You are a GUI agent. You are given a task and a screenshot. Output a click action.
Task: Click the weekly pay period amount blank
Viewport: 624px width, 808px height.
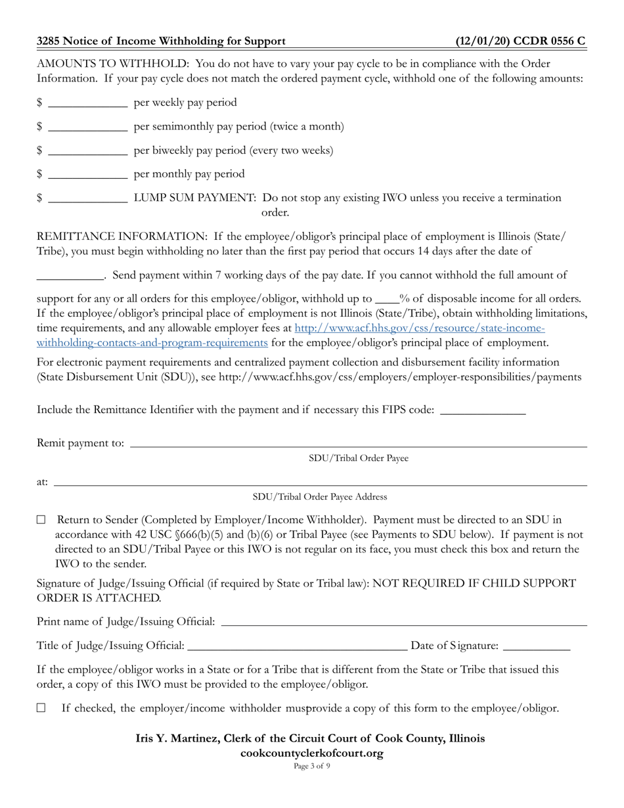click(88, 103)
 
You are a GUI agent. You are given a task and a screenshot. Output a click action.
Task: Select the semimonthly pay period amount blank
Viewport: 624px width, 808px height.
click(88, 127)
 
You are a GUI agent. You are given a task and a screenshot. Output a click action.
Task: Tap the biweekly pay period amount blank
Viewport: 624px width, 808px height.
click(88, 150)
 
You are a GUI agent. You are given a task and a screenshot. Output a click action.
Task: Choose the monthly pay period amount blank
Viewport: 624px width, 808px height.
click(88, 174)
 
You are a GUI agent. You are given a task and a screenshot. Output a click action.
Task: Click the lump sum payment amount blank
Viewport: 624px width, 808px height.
click(88, 198)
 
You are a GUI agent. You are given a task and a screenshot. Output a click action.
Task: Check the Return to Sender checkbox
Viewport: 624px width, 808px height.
click(41, 520)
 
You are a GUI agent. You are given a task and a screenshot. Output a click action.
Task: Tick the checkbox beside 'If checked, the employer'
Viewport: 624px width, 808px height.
click(41, 708)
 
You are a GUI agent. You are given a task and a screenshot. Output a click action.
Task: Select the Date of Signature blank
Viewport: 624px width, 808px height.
click(537, 646)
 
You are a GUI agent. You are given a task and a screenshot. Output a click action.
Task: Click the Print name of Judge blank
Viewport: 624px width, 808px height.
click(403, 622)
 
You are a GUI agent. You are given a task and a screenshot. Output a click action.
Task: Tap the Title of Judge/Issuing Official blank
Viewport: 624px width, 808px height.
click(297, 646)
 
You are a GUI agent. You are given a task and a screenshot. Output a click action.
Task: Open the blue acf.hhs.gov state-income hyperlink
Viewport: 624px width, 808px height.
click(420, 328)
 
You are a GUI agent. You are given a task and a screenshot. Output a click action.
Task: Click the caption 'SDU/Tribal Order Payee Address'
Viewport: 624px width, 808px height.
click(320, 497)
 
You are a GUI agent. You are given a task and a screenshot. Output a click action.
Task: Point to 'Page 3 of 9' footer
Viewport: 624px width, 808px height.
click(311, 766)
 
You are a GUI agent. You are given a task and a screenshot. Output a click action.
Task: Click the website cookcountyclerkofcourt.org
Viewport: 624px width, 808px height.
click(311, 753)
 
